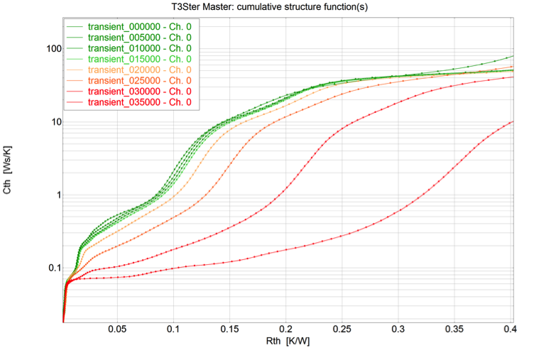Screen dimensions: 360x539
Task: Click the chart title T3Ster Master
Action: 270,7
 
